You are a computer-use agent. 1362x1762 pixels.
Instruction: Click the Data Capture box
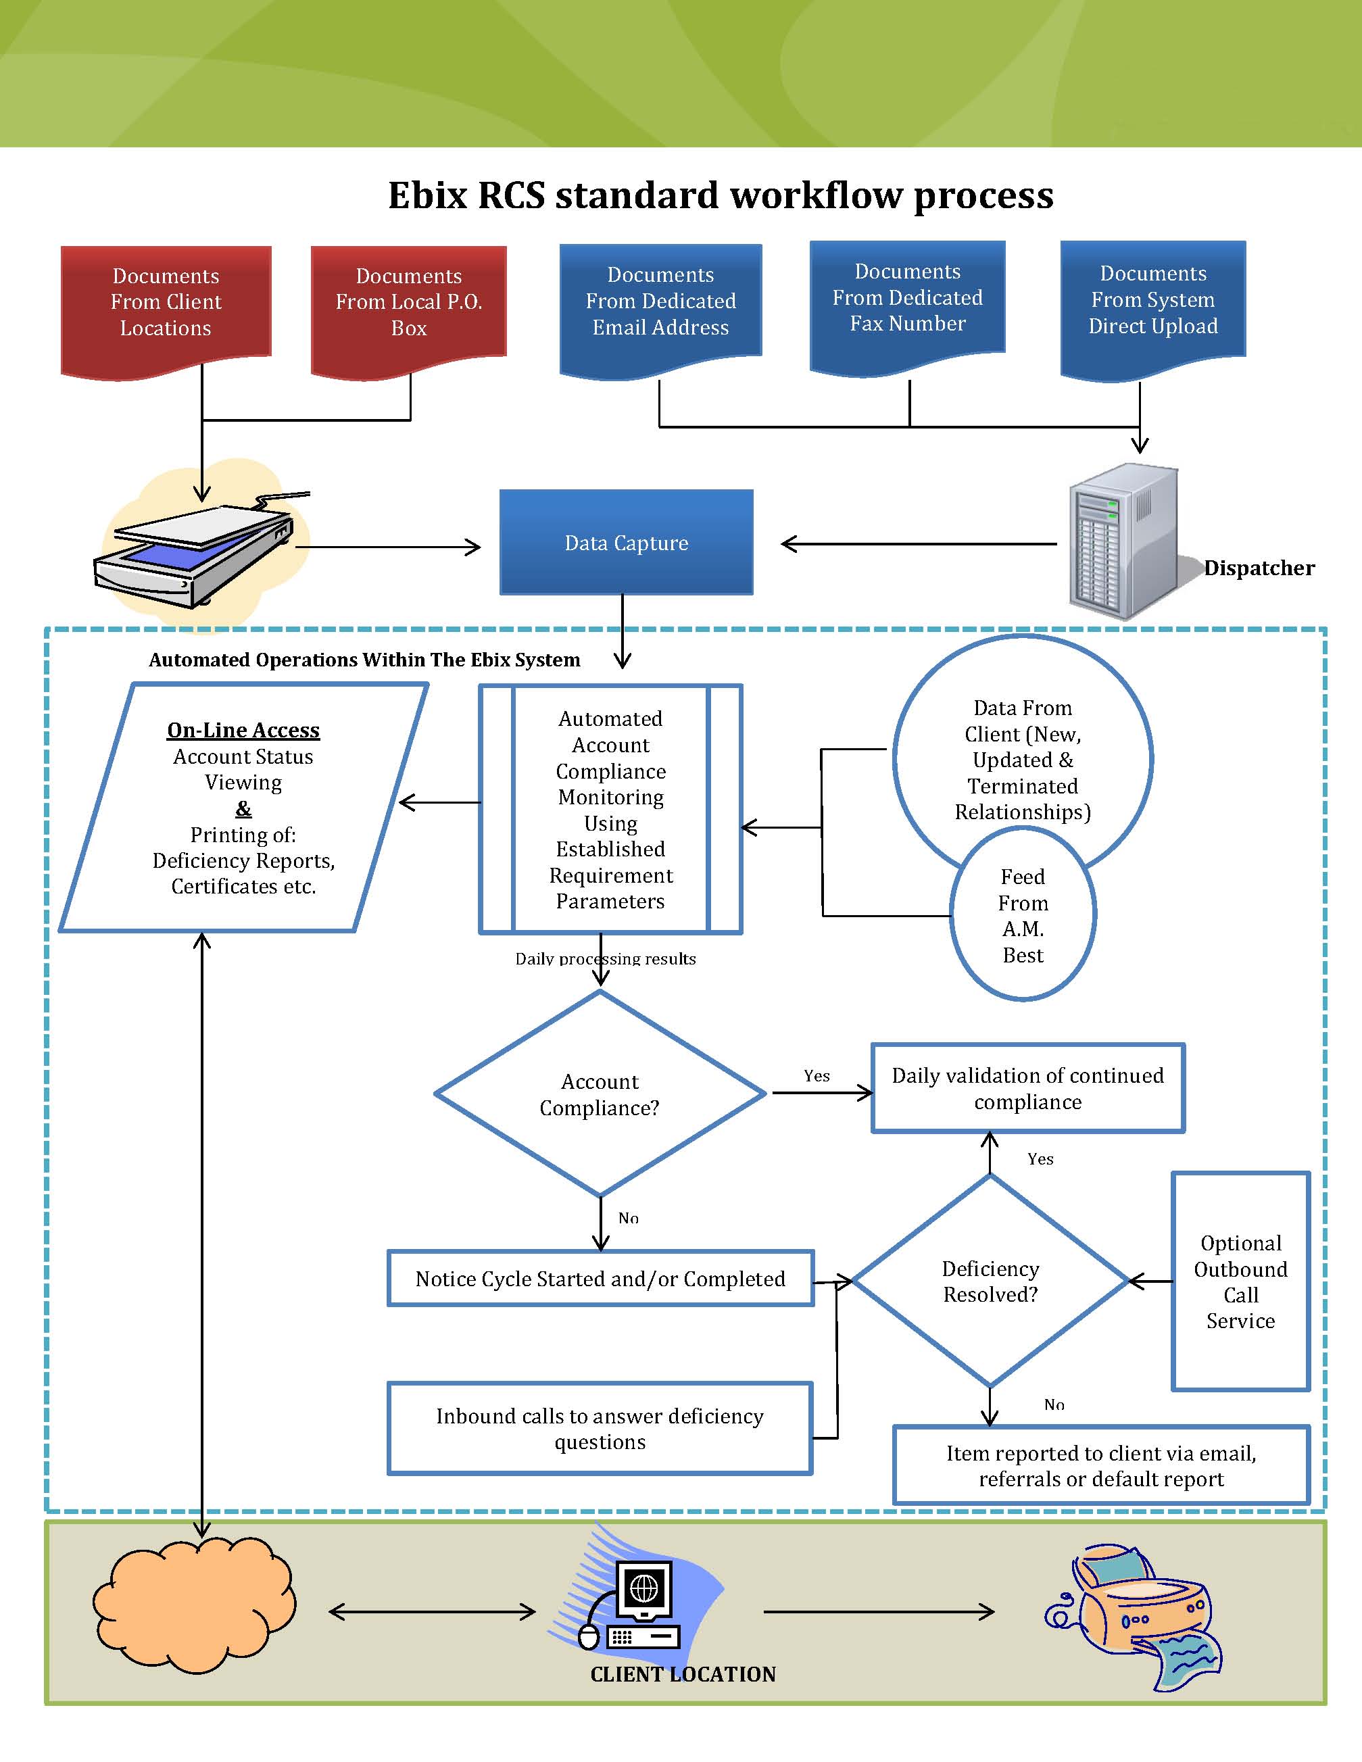(626, 542)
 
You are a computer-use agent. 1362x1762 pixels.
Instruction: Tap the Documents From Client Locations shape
(166, 311)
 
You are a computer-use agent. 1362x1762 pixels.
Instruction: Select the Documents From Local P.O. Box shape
(409, 311)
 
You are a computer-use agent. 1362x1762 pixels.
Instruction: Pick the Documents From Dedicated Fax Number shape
(908, 307)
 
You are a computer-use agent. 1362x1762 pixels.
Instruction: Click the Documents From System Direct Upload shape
(1153, 309)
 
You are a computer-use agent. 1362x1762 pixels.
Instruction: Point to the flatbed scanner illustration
(201, 549)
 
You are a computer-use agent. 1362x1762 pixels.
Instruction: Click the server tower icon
(1123, 541)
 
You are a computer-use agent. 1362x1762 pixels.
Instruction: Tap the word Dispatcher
(1259, 568)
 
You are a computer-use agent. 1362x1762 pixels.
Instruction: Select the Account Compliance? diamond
(600, 1093)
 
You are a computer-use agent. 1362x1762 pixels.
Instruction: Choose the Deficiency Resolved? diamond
(990, 1280)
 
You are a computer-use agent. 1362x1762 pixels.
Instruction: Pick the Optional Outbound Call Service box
(1241, 1281)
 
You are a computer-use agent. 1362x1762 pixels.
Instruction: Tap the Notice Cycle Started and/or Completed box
(600, 1278)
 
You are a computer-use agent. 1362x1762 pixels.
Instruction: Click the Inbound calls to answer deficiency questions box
(600, 1428)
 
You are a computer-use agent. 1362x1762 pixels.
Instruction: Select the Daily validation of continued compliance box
(1028, 1088)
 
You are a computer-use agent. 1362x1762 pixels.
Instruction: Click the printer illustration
(1134, 1617)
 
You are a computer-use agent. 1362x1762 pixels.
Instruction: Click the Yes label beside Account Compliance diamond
(817, 1075)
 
